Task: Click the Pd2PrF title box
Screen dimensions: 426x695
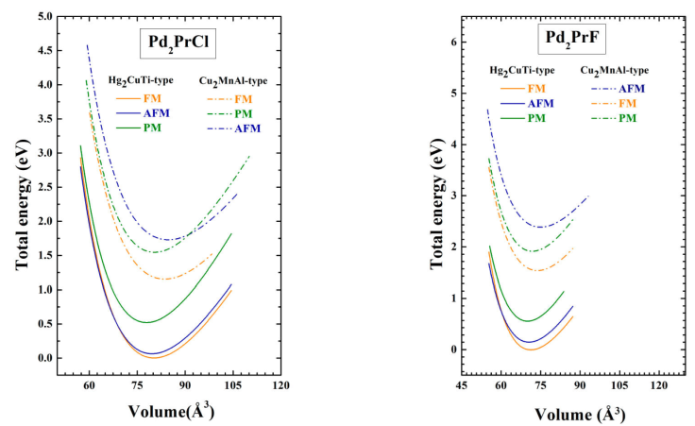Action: click(x=573, y=40)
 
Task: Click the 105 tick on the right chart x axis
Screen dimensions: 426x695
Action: click(x=620, y=386)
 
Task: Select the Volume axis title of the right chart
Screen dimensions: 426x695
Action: click(x=580, y=414)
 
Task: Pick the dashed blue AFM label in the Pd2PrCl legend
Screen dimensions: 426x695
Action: click(x=246, y=128)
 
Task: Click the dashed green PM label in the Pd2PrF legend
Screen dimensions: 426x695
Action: click(x=626, y=118)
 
